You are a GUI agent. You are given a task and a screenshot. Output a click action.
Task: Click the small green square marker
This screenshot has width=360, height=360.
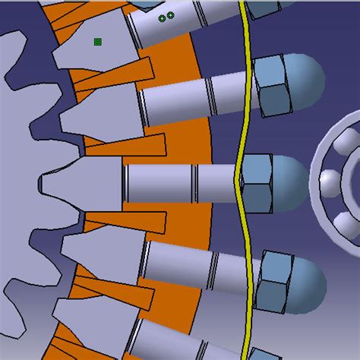coord(98,42)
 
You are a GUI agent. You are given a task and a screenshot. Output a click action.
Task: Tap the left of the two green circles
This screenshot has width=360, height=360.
coord(162,17)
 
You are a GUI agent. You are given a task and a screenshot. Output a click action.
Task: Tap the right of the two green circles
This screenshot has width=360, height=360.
coord(170,15)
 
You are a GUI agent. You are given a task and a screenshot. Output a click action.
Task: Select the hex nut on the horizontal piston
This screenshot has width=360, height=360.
coord(257,182)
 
